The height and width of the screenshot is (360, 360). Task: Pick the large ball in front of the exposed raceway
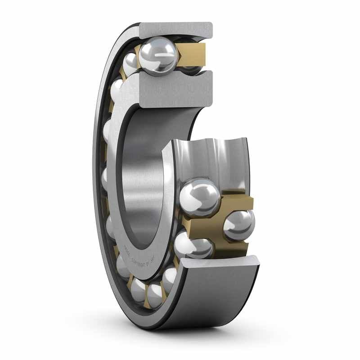pyautogui.click(x=200, y=196)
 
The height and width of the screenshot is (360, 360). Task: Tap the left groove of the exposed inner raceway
pyautogui.click(x=189, y=157)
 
